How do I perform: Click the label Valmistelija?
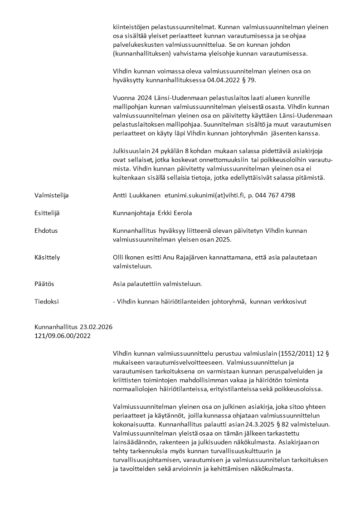point(52,195)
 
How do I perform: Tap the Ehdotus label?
point(46,230)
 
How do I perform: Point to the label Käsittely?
point(47,257)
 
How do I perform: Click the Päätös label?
point(44,284)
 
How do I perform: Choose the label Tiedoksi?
point(46,301)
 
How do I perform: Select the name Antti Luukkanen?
point(136,195)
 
